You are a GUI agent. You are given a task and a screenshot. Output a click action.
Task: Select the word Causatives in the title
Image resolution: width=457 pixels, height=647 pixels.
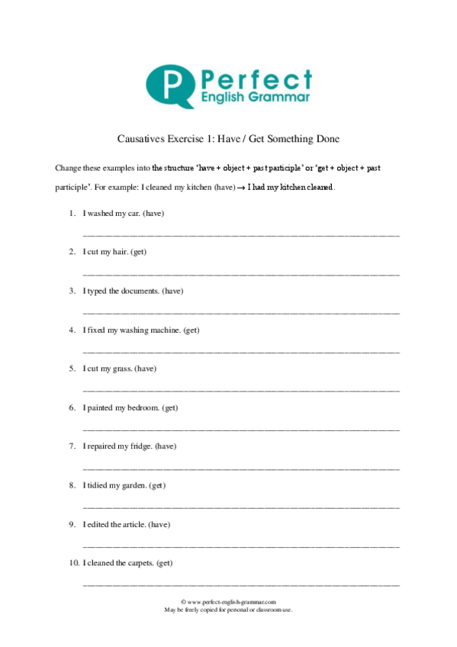tap(143, 139)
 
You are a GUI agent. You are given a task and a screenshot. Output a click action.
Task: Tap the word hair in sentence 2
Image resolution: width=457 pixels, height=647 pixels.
tap(121, 252)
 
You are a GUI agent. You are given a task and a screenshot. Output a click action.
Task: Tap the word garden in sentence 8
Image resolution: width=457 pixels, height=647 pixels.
tap(132, 485)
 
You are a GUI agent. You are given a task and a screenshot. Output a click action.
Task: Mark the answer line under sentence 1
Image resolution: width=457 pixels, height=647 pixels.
tap(240, 233)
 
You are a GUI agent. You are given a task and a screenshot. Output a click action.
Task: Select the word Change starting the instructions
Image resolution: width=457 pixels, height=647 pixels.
tap(67, 167)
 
